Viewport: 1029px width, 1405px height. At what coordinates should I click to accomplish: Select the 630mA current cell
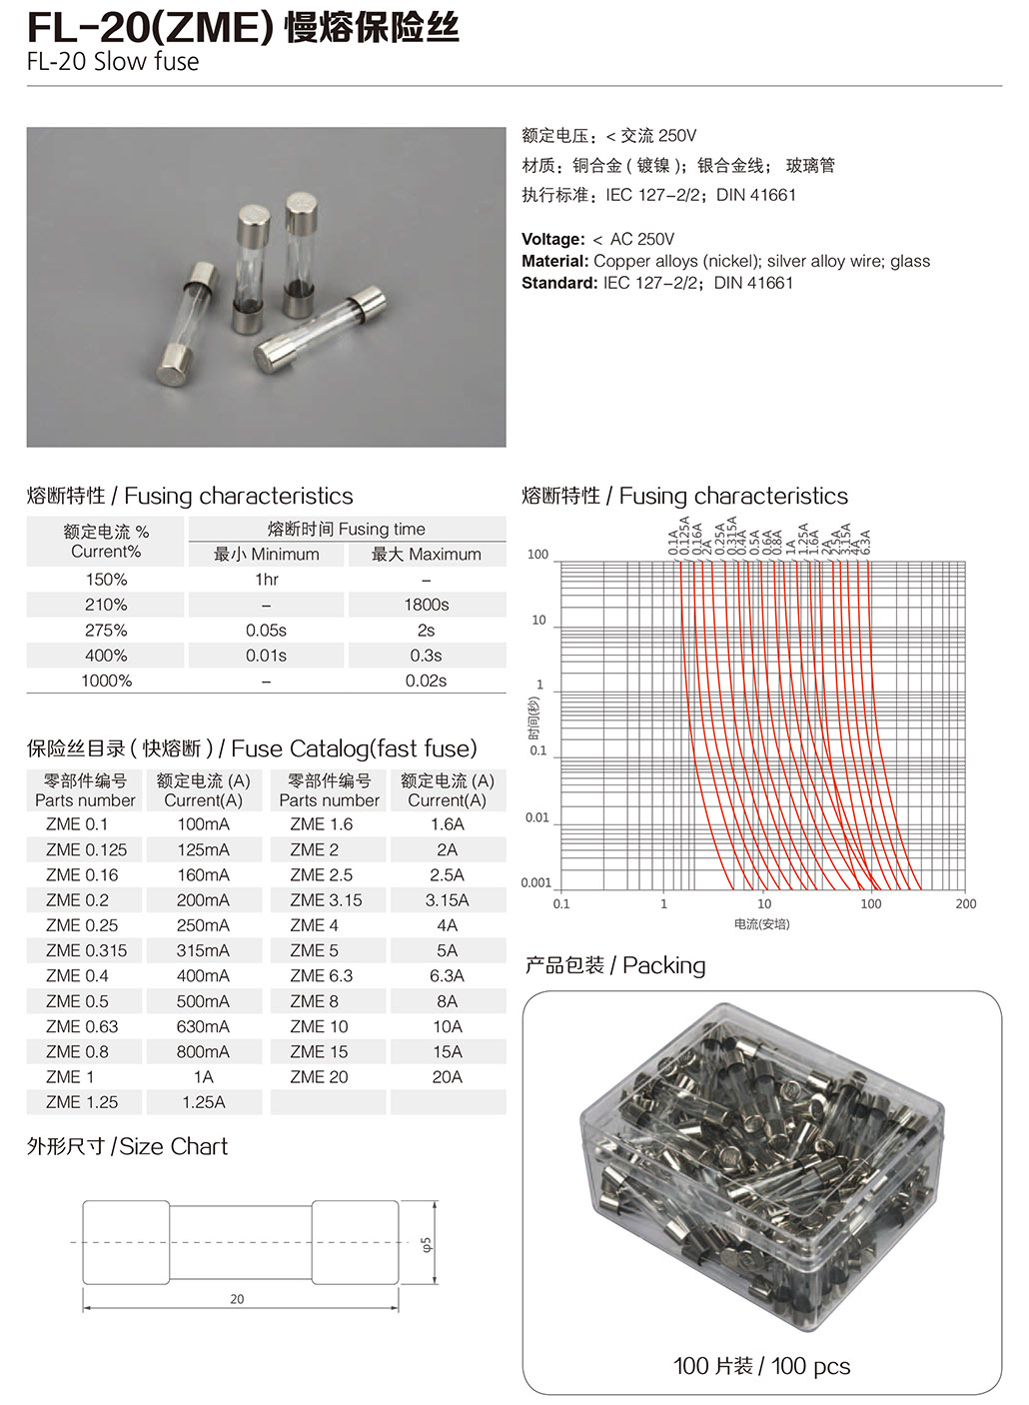pyautogui.click(x=203, y=1026)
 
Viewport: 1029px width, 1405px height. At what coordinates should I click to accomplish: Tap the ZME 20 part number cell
pyautogui.click(x=319, y=1077)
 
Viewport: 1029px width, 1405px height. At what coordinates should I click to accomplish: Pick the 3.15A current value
pyautogui.click(x=447, y=900)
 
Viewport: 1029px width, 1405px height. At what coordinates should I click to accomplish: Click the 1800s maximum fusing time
pyautogui.click(x=426, y=605)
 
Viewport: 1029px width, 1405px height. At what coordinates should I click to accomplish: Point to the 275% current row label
pyautogui.click(x=106, y=631)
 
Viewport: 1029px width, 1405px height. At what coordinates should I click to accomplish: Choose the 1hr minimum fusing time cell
pyautogui.click(x=266, y=580)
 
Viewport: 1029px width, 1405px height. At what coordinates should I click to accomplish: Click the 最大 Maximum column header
pyautogui.click(x=426, y=555)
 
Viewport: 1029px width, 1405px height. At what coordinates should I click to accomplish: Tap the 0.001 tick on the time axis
pyautogui.click(x=535, y=882)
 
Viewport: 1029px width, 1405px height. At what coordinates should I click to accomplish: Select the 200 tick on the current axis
pyautogui.click(x=965, y=904)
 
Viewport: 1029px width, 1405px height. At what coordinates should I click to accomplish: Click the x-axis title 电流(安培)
pyautogui.click(x=761, y=924)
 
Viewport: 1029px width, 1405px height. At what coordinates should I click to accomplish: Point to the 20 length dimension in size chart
pyautogui.click(x=237, y=1299)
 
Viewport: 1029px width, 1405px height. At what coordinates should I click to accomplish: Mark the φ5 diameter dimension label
pyautogui.click(x=427, y=1245)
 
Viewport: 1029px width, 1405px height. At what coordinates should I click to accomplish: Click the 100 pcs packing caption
pyautogui.click(x=761, y=1366)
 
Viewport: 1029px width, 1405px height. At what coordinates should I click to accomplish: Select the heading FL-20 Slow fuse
pyautogui.click(x=113, y=62)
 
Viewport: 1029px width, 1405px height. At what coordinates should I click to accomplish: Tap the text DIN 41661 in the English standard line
pyautogui.click(x=753, y=283)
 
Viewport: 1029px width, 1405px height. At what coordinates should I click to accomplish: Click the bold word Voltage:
pyautogui.click(x=552, y=239)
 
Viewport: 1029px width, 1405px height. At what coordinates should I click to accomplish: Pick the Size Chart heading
pyautogui.click(x=127, y=1146)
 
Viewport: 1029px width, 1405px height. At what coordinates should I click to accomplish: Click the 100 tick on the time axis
pyautogui.click(x=537, y=555)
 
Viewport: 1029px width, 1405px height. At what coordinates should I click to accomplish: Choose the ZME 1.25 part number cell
pyautogui.click(x=82, y=1102)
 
